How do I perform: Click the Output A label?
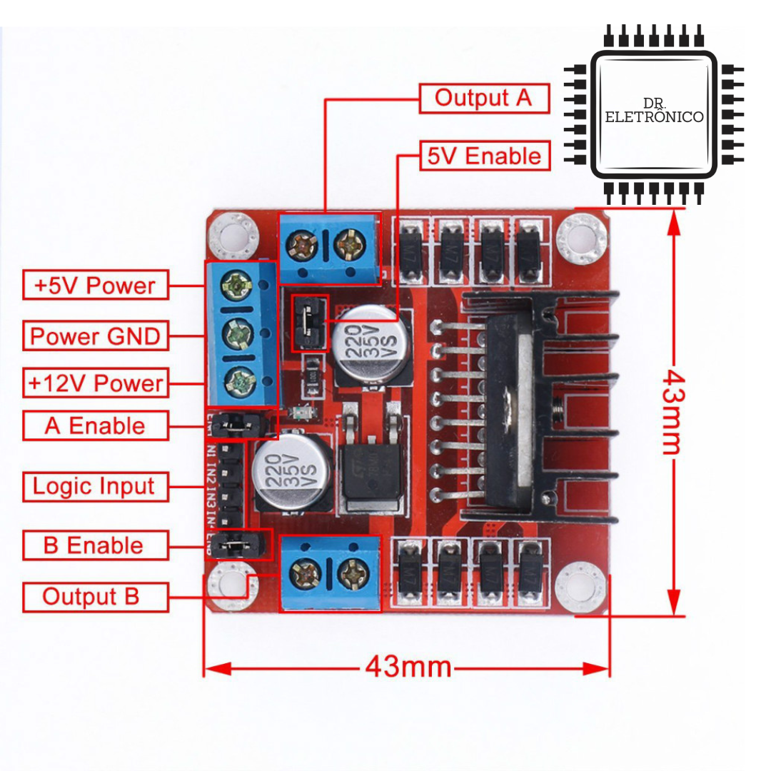coord(483,99)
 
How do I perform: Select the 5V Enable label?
coord(484,156)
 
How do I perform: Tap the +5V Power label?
coord(95,286)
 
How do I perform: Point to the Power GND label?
coord(95,336)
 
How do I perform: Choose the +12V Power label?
coord(95,383)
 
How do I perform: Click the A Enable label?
coord(95,426)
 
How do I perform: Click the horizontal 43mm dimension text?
coord(408,667)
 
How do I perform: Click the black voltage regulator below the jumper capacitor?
coord(368,464)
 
